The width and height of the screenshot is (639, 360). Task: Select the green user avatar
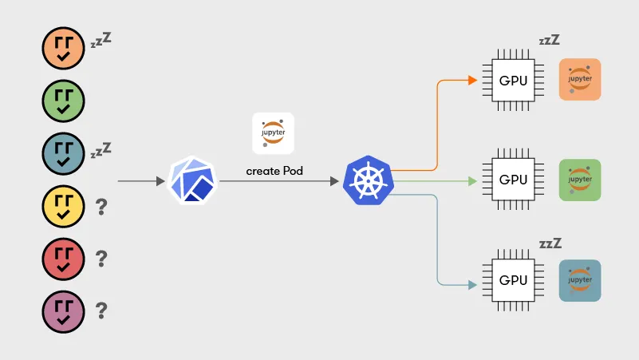point(63,101)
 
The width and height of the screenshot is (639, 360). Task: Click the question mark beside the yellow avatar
point(101,208)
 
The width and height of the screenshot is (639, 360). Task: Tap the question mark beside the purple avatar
point(101,311)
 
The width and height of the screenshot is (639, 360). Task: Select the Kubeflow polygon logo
point(192,181)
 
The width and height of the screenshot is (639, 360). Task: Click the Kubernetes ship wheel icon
point(369,180)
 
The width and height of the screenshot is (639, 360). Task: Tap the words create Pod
point(274,171)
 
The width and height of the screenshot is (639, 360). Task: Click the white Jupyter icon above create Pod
point(273,133)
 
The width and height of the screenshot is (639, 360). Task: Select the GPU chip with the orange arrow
point(513,81)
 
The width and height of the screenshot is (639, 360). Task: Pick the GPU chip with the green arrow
point(513,180)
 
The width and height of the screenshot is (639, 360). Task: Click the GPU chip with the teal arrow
point(513,281)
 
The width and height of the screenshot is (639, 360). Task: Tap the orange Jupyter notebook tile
point(580,80)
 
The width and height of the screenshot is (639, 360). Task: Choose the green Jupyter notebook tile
point(580,180)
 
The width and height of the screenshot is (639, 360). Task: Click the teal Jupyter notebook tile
point(580,280)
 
